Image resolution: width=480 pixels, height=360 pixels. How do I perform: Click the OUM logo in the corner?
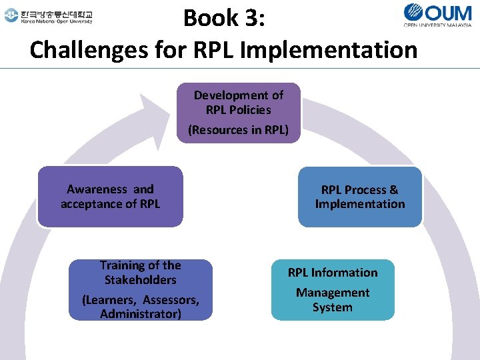439,15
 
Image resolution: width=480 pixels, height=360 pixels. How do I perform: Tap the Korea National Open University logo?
48,16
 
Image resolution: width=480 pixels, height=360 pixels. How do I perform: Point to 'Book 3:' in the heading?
225,17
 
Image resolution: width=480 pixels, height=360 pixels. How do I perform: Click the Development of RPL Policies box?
238,113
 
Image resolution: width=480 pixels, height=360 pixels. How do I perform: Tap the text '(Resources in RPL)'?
238,130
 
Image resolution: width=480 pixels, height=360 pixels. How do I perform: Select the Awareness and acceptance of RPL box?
110,197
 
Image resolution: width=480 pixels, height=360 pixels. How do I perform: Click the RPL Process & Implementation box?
360,197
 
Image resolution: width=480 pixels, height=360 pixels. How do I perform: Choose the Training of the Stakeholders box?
140,289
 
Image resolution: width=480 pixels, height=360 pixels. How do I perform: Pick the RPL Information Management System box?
333,289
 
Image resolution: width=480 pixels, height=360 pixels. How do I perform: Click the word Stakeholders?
140,280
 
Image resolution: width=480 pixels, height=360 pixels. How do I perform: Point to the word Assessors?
170,300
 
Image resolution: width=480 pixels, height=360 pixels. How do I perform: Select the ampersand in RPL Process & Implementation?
393,189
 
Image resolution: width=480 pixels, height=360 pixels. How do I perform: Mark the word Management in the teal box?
333,293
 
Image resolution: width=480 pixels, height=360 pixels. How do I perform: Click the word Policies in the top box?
248,109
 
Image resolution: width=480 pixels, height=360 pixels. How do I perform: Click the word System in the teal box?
333,307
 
